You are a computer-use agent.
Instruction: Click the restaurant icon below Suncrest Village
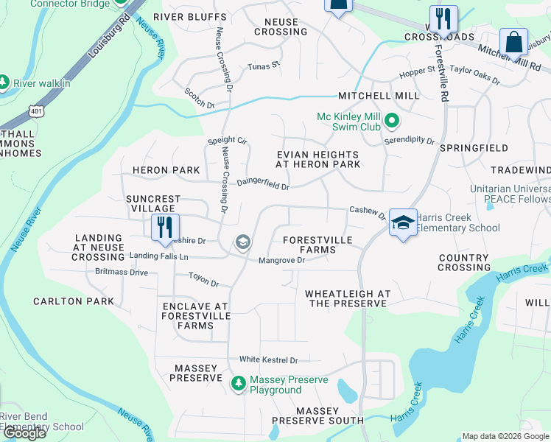click(165, 227)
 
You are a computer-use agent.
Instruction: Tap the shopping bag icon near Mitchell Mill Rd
click(513, 42)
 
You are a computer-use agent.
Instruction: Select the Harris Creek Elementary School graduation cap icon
click(403, 223)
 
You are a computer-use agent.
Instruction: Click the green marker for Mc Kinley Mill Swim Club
click(393, 119)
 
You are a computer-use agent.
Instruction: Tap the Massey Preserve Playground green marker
click(238, 383)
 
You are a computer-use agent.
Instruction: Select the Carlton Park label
click(74, 301)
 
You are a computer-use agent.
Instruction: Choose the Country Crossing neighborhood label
click(463, 263)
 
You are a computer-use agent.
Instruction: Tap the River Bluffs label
click(189, 17)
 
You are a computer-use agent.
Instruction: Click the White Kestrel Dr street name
click(268, 360)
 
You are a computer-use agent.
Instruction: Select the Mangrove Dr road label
click(281, 260)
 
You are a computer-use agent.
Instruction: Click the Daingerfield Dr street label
click(262, 186)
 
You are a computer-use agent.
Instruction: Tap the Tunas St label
click(264, 66)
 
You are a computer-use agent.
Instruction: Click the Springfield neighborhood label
click(474, 148)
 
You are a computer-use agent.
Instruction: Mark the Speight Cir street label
click(227, 140)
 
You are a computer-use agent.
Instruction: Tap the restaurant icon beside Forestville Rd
click(443, 19)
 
